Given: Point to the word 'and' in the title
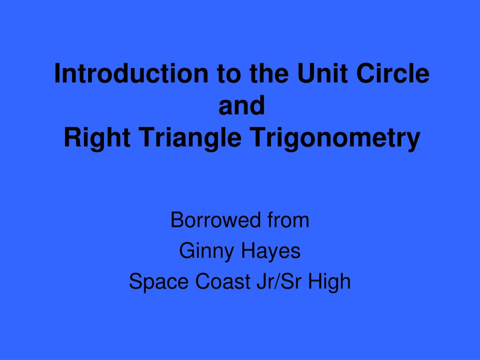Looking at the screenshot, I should [x=242, y=106].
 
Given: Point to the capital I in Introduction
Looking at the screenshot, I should [x=57, y=74].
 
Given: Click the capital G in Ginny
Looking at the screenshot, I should [x=186, y=252].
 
